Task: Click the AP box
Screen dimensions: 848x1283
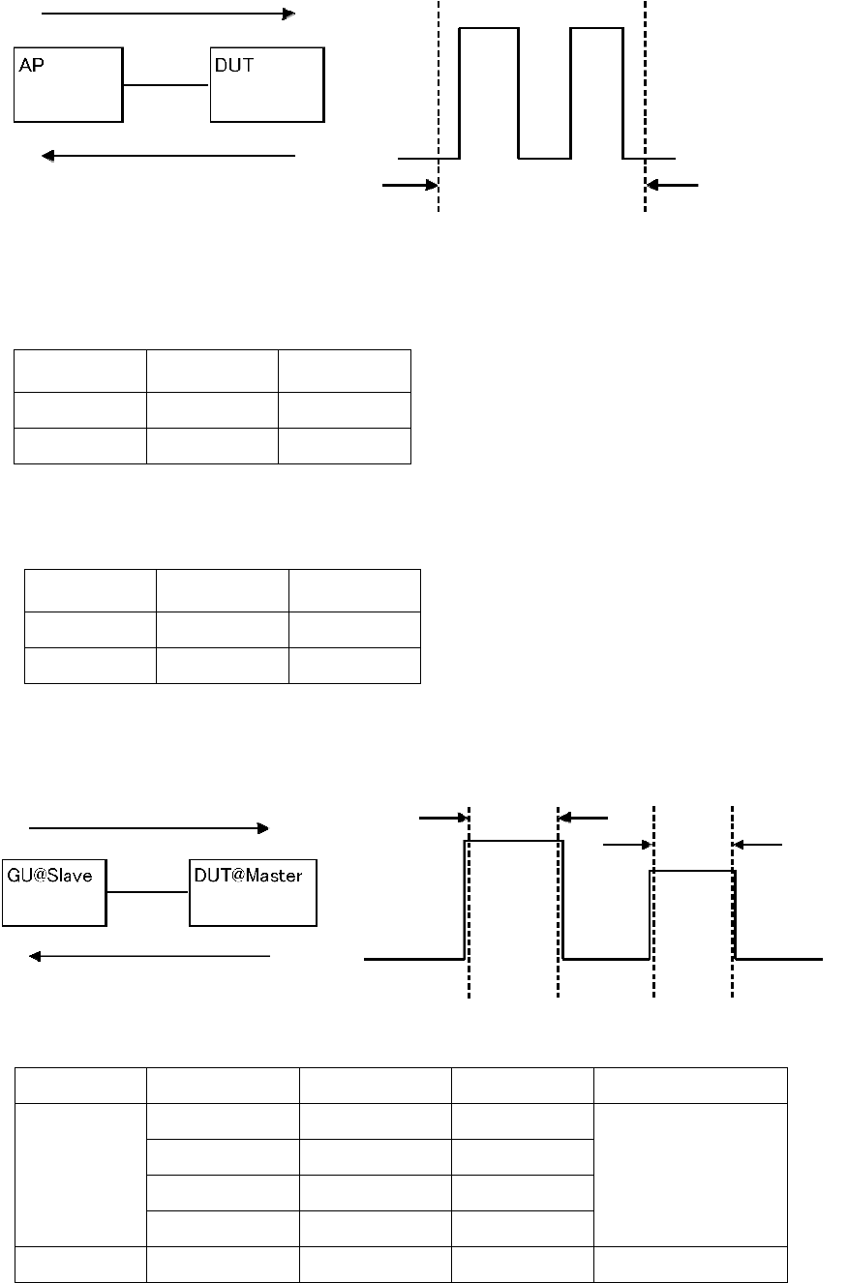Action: coord(68,84)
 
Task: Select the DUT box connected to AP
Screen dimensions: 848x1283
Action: coord(267,84)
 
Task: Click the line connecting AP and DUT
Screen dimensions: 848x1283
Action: coord(167,85)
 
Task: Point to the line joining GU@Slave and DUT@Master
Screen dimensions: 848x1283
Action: coord(147,893)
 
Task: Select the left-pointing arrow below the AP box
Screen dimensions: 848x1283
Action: coord(168,155)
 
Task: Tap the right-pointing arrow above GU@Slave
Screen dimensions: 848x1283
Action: coord(149,828)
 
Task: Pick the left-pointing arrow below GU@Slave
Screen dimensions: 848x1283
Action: coord(149,956)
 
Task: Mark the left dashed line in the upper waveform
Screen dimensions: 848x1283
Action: coord(439,106)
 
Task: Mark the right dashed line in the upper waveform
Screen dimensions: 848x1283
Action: coord(645,106)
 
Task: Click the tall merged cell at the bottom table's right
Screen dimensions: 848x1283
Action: coord(690,1175)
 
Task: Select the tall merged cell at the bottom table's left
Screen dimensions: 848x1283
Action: coord(79,1175)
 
